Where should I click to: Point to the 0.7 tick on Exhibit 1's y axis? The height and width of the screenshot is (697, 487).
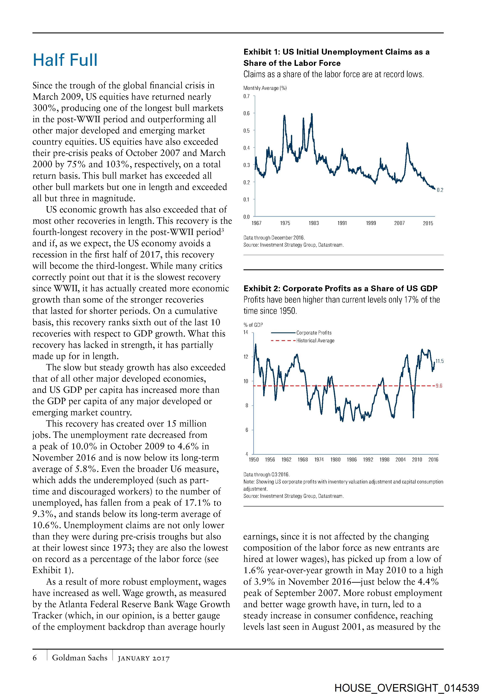(x=246, y=96)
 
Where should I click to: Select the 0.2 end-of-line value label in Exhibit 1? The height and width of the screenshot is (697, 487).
(x=440, y=190)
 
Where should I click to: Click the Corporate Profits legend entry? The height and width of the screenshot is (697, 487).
(x=314, y=333)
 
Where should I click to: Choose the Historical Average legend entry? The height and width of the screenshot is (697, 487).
(x=315, y=341)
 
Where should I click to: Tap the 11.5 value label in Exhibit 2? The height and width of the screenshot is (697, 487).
(x=440, y=361)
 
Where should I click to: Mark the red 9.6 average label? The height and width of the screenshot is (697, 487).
(x=439, y=386)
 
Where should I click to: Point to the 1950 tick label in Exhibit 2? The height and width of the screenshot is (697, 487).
(x=254, y=460)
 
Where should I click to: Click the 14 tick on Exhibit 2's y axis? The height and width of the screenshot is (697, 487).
(x=246, y=332)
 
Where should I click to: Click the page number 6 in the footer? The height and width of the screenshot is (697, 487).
(x=35, y=658)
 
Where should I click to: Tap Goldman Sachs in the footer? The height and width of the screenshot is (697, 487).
(x=79, y=658)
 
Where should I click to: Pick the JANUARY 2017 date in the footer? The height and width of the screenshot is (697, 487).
(x=144, y=658)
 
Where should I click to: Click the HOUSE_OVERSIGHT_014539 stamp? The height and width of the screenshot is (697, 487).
(x=407, y=688)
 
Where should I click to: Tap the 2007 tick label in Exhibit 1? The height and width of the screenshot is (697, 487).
(x=399, y=223)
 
